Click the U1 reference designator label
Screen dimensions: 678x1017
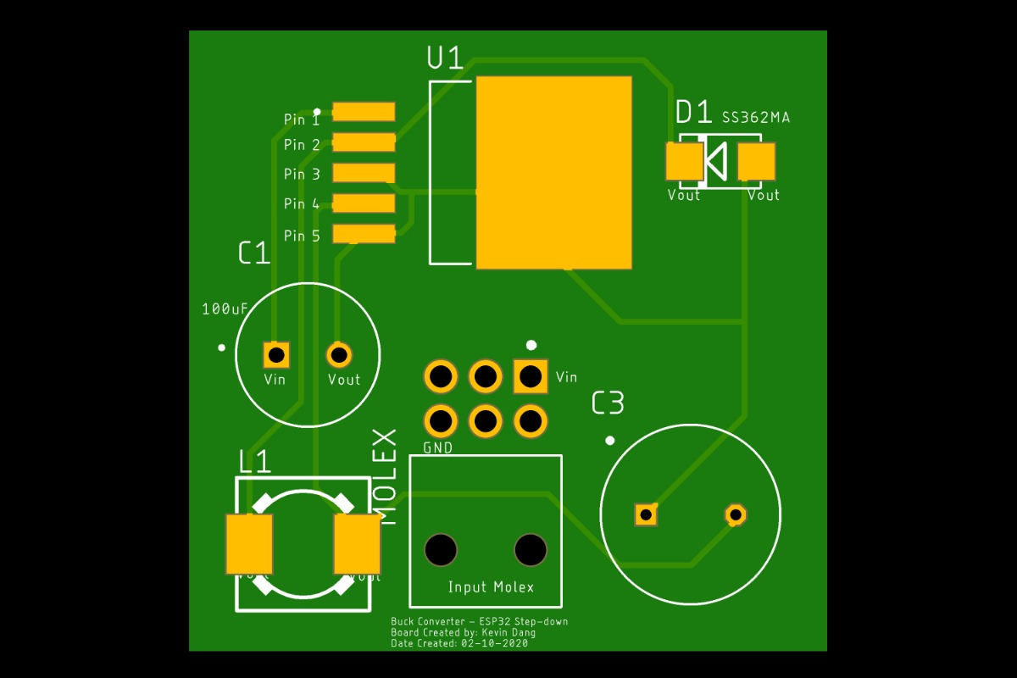(445, 58)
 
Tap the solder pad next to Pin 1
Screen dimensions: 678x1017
(364, 112)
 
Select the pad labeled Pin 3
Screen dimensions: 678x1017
(364, 173)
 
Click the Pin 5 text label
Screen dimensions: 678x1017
(302, 236)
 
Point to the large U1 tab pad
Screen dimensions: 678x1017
(554, 173)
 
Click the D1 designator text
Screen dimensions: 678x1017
(694, 112)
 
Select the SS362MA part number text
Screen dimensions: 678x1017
(755, 118)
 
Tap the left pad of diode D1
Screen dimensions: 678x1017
(684, 162)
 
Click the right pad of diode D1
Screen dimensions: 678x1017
(756, 162)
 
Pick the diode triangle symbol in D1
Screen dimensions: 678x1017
(716, 162)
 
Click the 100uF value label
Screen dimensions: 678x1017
(225, 309)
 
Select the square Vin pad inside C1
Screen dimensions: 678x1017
(276, 354)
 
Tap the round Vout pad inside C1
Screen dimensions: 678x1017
(339, 354)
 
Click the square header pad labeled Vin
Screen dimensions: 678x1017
(531, 375)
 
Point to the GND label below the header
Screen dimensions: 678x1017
(437, 447)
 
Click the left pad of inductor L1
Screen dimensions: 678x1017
(249, 544)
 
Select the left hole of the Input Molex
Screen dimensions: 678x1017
(441, 550)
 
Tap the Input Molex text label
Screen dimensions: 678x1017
(491, 587)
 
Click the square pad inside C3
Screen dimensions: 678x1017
(646, 514)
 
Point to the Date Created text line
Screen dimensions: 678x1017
(458, 644)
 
